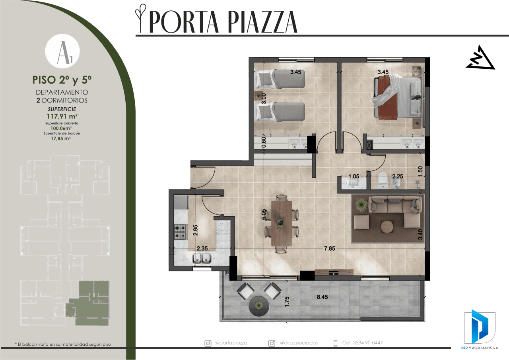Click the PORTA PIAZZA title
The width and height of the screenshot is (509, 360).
(223, 22)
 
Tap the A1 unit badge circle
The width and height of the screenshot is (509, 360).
(62, 51)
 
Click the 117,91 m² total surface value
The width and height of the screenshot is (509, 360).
(62, 116)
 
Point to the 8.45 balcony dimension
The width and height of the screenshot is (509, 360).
(322, 297)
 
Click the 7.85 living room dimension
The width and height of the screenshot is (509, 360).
(330, 248)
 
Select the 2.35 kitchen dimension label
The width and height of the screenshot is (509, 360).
(202, 248)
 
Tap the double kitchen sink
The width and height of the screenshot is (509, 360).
(202, 259)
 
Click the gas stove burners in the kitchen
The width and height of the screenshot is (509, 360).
(181, 232)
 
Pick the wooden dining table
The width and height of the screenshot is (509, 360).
(282, 224)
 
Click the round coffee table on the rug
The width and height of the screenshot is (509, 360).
(387, 226)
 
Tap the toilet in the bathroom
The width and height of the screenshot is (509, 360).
(383, 181)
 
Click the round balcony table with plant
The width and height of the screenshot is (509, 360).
(259, 306)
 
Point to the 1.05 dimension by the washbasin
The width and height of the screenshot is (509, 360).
(354, 176)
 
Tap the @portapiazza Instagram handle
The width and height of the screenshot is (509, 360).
(231, 343)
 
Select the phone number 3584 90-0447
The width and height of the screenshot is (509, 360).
(368, 343)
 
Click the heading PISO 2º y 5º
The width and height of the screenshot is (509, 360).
(62, 80)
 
